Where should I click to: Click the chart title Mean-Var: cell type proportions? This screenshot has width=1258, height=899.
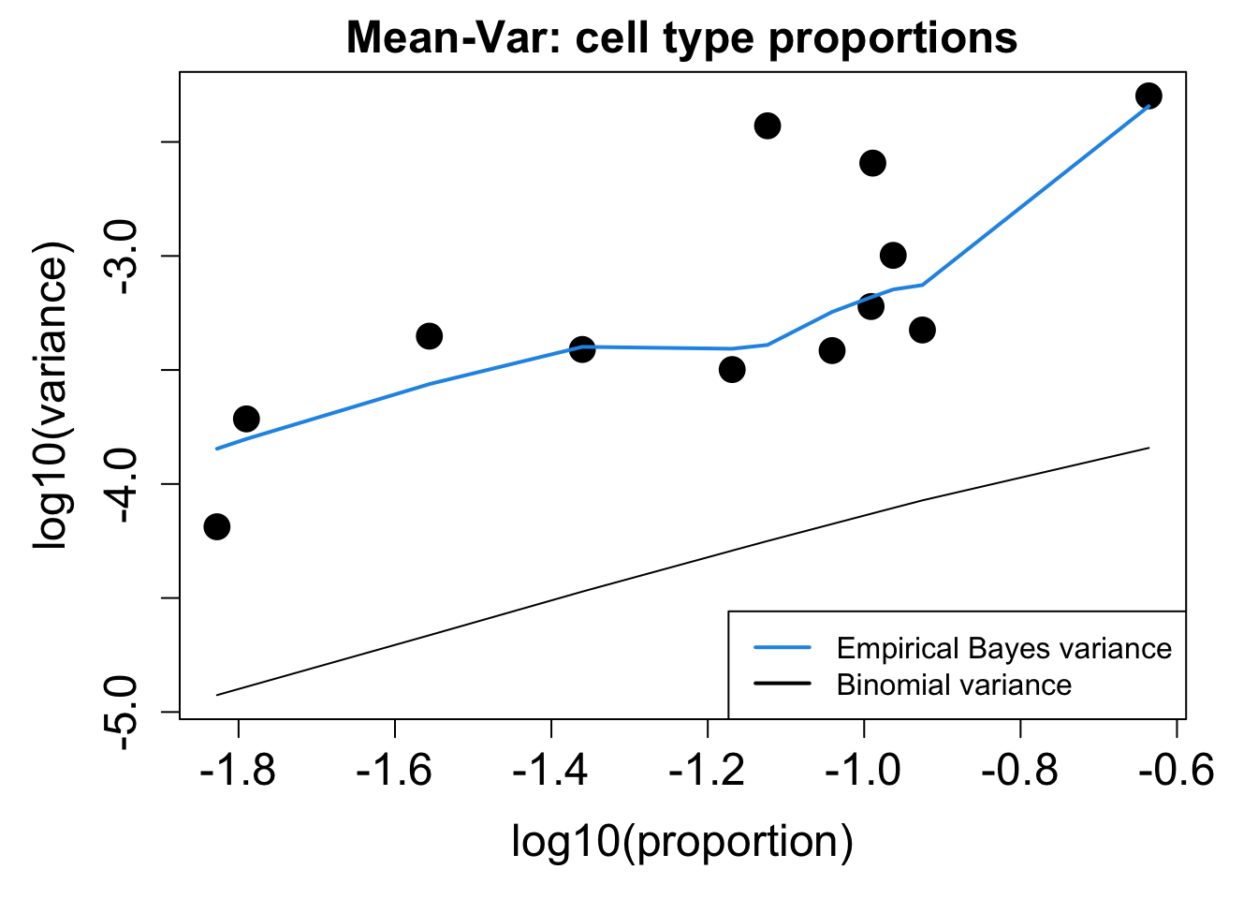(x=681, y=38)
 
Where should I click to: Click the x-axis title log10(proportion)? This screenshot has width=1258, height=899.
(x=681, y=841)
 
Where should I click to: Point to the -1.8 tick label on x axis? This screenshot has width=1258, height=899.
(x=238, y=772)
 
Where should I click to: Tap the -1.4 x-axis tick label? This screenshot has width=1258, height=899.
(x=550, y=772)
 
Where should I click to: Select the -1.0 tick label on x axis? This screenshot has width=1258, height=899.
(x=863, y=772)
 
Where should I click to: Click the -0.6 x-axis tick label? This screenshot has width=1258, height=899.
(x=1176, y=772)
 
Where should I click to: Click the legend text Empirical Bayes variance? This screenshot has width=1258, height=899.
(x=1003, y=648)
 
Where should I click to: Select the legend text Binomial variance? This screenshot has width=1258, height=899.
(x=954, y=685)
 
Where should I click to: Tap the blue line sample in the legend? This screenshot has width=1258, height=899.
(x=782, y=648)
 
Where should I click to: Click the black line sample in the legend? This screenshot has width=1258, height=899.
(x=782, y=685)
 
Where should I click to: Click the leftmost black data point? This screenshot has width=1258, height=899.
(x=217, y=526)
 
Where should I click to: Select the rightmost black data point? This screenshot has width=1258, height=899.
(x=1148, y=96)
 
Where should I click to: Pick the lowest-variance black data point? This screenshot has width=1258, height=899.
(x=217, y=526)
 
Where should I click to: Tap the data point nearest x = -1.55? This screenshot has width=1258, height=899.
(x=429, y=336)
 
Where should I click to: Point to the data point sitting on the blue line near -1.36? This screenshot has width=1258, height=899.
(x=582, y=349)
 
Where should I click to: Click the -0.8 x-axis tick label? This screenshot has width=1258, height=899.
(x=1019, y=772)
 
